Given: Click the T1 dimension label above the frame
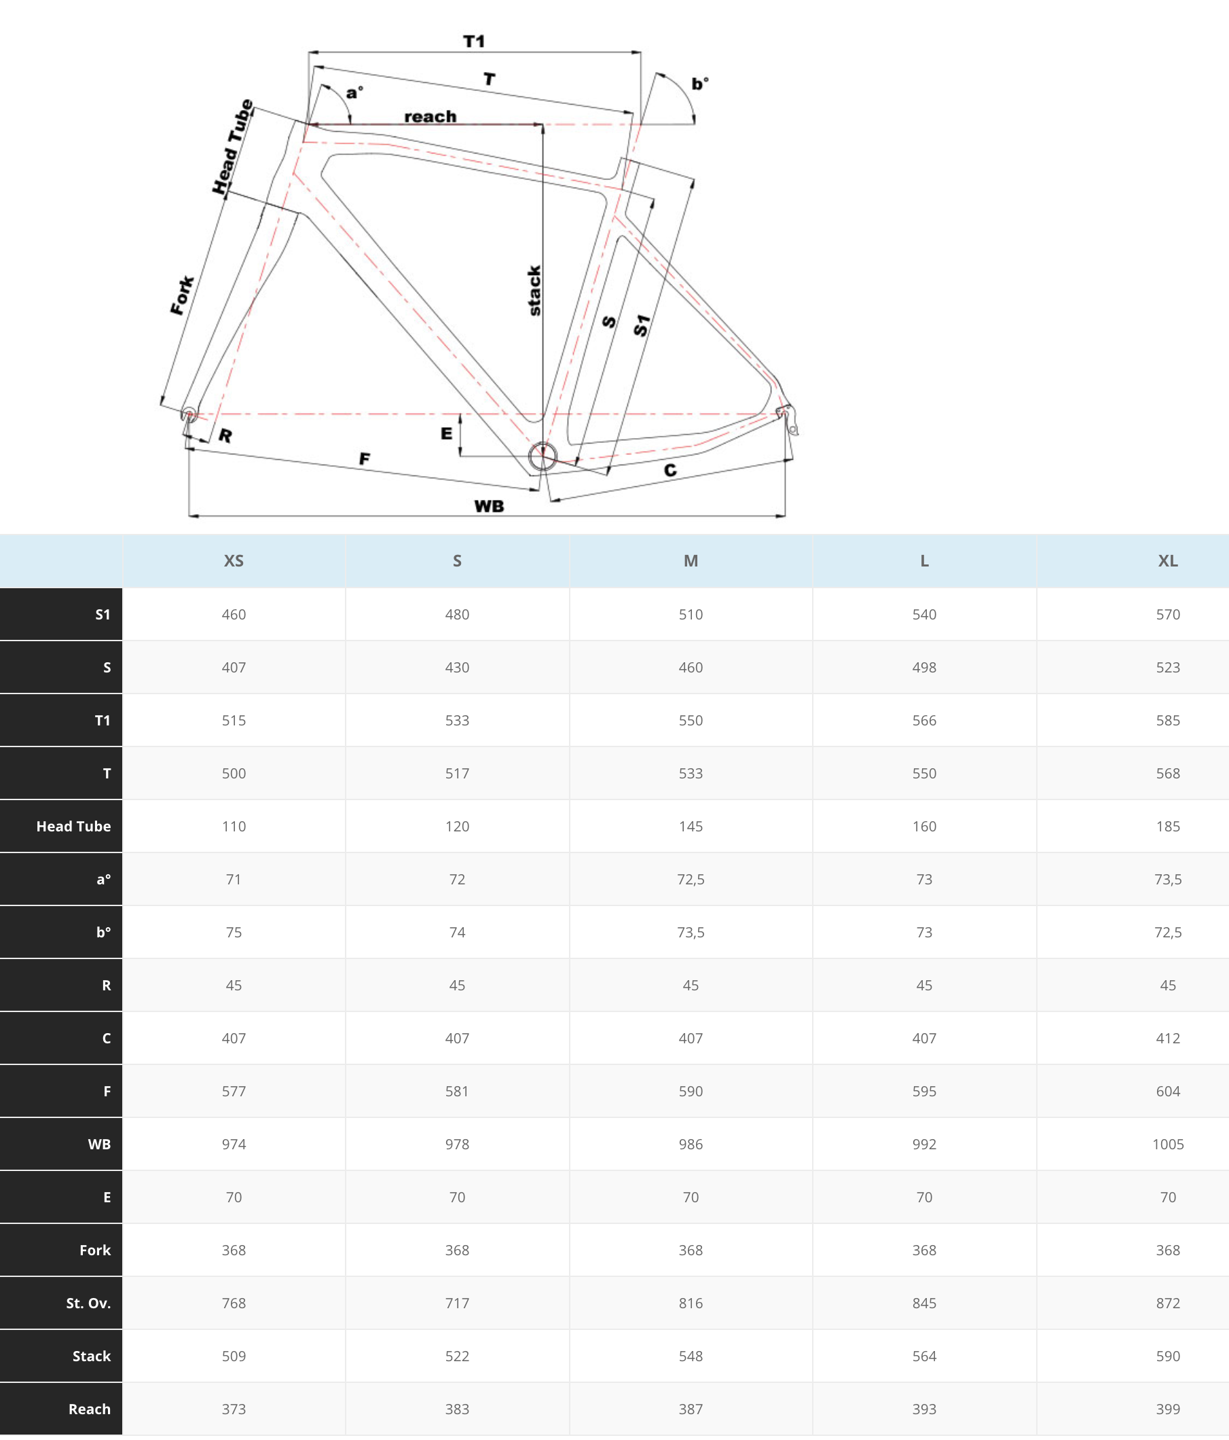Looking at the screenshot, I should pyautogui.click(x=474, y=41).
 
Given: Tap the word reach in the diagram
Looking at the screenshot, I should pyautogui.click(x=430, y=116).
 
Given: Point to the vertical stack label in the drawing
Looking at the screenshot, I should pyautogui.click(x=534, y=291).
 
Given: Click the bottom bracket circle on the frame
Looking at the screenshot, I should pyautogui.click(x=543, y=456).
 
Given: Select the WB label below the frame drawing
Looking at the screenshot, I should pyautogui.click(x=489, y=506).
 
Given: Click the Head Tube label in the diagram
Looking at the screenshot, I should pyautogui.click(x=233, y=147).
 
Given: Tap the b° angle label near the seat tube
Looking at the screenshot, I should pyautogui.click(x=699, y=84).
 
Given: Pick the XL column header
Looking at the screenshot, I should pyautogui.click(x=1167, y=561).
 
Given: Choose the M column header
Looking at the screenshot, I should pyautogui.click(x=691, y=561).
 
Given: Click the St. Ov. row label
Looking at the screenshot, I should pyautogui.click(x=88, y=1303).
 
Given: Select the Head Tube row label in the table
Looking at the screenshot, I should pyautogui.click(x=73, y=827).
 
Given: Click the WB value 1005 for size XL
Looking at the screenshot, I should pyautogui.click(x=1167, y=1144).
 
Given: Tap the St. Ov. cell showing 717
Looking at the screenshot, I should pyautogui.click(x=457, y=1303).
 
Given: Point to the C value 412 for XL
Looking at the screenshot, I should pyautogui.click(x=1167, y=1039).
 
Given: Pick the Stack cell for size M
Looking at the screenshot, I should pyautogui.click(x=691, y=1356).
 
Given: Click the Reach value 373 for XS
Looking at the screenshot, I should pyautogui.click(x=234, y=1409).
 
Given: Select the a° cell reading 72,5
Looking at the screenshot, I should pyautogui.click(x=691, y=879).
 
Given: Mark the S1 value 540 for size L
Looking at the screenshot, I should pyautogui.click(x=924, y=614).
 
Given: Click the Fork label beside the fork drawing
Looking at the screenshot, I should pyautogui.click(x=182, y=295).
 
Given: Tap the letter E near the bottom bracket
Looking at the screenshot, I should pyautogui.click(x=446, y=433).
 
